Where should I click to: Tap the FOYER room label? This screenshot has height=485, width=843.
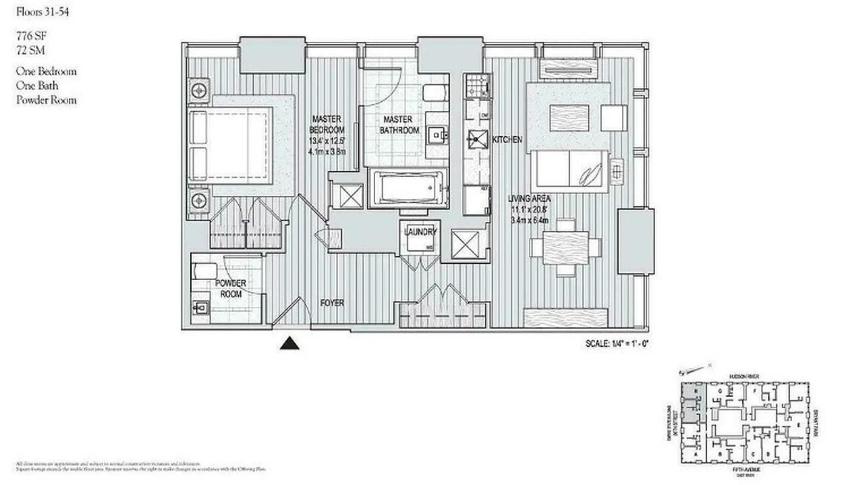[332, 303]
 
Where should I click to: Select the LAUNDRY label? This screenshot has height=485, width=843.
[418, 232]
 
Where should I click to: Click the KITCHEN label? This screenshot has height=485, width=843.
[507, 140]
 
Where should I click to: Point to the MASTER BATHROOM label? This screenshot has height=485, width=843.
[399, 125]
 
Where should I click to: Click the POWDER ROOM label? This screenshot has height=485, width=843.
[231, 289]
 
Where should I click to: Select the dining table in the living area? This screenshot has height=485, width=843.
[565, 248]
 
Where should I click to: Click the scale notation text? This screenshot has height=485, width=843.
[618, 343]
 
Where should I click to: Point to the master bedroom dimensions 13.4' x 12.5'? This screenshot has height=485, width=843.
[327, 141]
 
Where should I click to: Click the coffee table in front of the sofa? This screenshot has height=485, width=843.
[568, 118]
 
